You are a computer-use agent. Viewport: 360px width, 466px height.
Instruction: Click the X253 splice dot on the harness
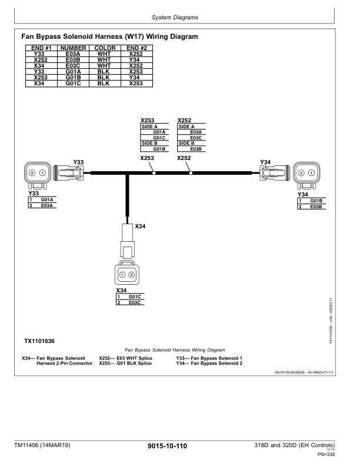click(154, 173)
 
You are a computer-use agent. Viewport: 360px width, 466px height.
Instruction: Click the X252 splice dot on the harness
click(191, 173)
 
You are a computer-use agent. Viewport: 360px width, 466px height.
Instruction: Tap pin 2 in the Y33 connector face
click(32, 174)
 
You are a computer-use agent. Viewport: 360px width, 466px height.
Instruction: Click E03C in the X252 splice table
click(196, 138)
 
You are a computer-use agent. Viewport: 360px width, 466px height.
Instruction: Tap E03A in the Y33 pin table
click(47, 205)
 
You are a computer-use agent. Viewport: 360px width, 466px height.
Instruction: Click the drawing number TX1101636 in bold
click(39, 341)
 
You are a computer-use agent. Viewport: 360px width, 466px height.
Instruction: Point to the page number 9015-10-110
click(168, 447)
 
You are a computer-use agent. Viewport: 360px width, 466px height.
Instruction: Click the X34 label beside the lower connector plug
click(141, 226)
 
